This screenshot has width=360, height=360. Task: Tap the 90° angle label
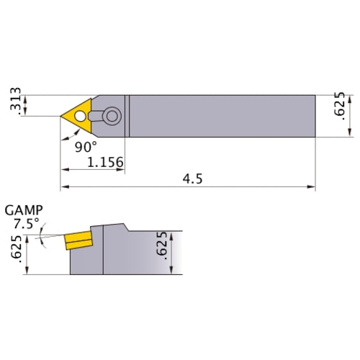86,146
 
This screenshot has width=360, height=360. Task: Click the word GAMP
23,210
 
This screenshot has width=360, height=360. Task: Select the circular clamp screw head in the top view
111,114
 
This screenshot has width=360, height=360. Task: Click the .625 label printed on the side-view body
161,248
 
